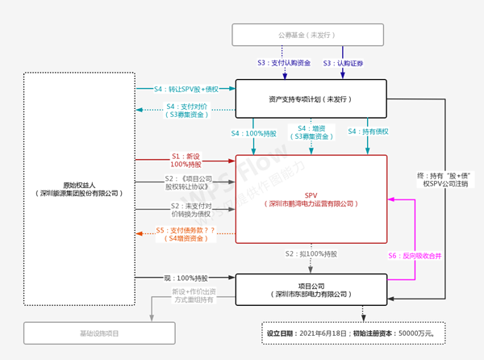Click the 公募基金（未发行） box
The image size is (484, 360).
point(309,35)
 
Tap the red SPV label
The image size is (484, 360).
point(311,195)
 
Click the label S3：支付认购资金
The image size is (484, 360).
point(281,62)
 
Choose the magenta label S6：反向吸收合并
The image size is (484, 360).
point(417,256)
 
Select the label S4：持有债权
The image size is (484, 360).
point(370,132)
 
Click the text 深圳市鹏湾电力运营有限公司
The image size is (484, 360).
point(311,204)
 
